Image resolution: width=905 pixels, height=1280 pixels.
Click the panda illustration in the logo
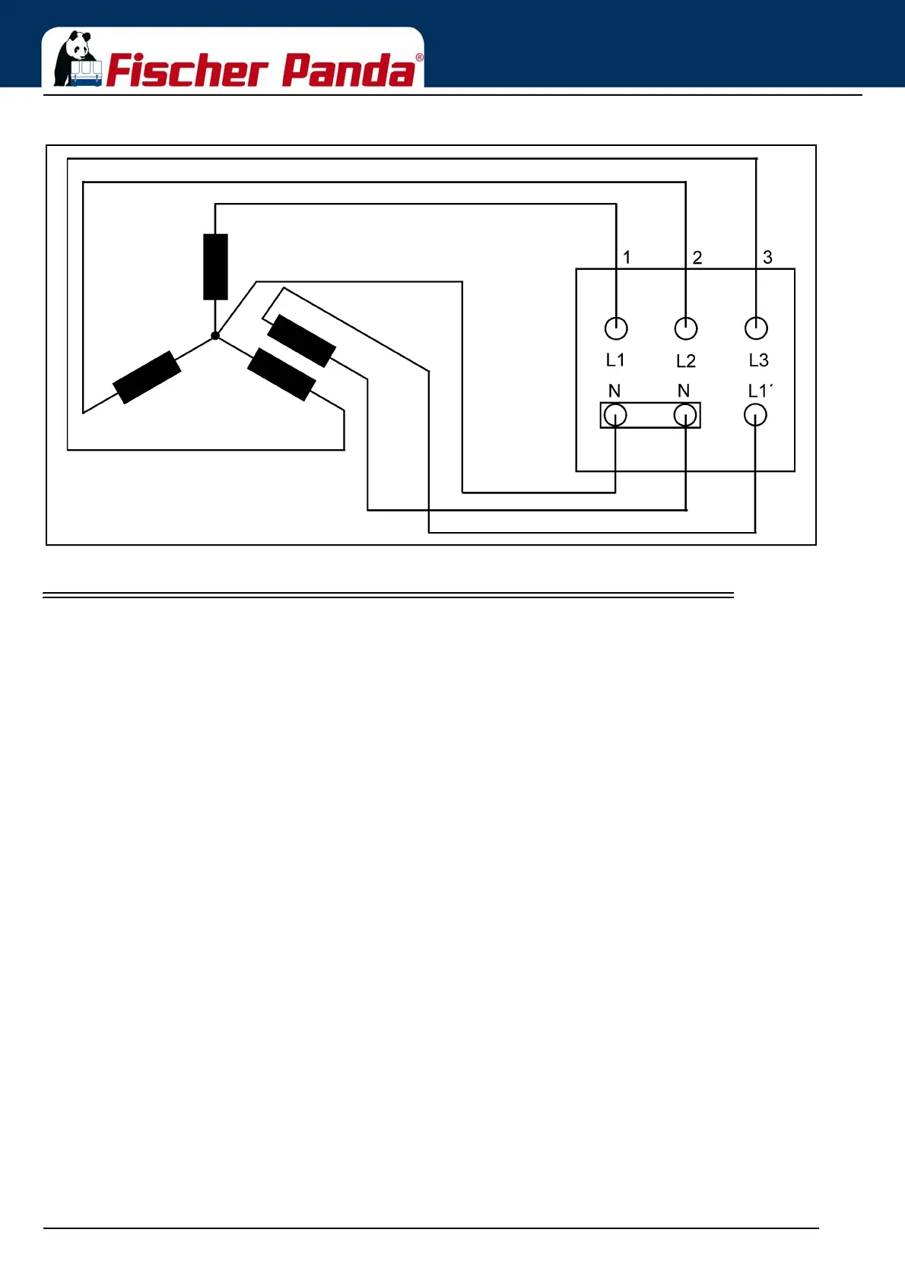76,59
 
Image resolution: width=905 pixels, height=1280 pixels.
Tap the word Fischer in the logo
187,71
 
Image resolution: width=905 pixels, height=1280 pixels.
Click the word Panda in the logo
349,71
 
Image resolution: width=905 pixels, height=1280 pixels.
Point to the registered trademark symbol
419,58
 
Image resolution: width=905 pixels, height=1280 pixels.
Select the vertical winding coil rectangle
215,267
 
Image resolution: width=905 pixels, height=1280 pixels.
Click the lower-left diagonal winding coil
147,377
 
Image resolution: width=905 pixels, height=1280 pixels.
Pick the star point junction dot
215,335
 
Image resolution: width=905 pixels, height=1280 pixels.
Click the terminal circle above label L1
616,328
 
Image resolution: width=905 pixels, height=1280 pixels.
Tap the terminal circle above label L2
686,328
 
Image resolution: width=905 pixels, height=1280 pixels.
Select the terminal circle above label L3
756,328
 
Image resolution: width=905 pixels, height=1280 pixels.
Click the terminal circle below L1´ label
755,415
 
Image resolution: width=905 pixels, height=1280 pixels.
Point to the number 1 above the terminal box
627,258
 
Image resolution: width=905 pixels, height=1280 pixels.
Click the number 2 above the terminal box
697,258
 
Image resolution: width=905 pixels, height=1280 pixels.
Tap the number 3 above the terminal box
767,258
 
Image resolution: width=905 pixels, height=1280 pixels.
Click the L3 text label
758,360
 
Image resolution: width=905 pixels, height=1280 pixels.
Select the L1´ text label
761,391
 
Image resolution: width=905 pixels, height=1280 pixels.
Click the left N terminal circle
614,415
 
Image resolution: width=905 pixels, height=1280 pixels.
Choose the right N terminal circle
685,415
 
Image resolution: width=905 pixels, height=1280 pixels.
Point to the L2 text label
686,361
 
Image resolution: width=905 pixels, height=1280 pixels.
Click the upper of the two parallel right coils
302,341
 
